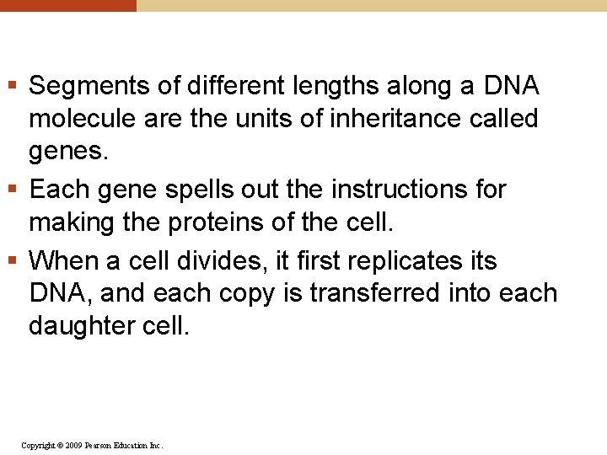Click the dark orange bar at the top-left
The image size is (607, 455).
[67, 5]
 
